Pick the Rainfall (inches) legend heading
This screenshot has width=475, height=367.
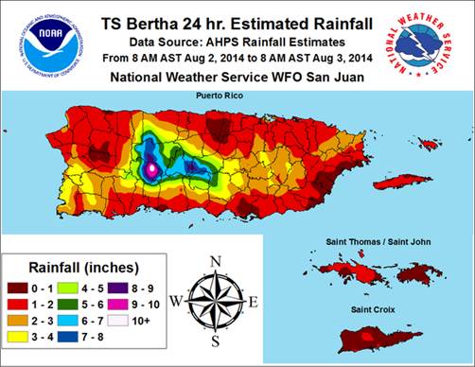[71, 266]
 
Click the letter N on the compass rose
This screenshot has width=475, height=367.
[216, 262]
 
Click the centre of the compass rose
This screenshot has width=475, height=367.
[216, 301]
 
